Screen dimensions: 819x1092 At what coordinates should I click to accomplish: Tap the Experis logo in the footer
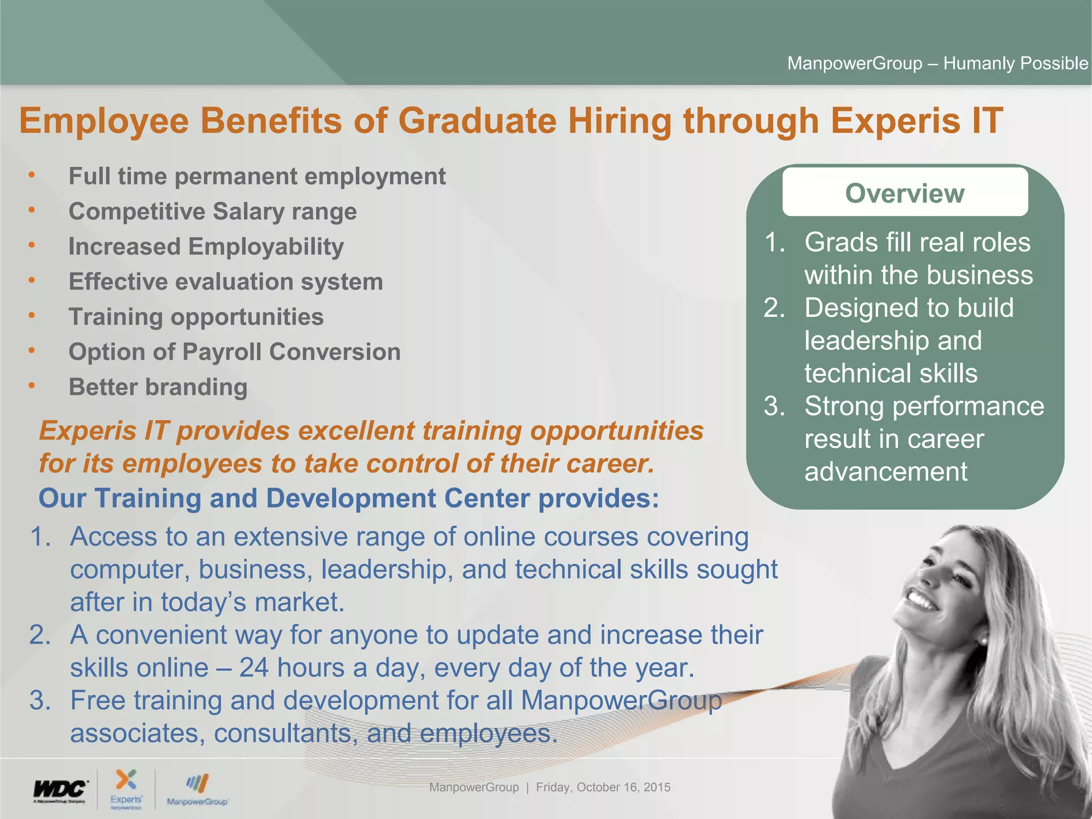[x=126, y=789]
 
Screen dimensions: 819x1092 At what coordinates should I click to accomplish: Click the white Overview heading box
[x=904, y=192]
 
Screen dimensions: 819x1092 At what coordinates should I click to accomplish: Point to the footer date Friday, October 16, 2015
[x=603, y=787]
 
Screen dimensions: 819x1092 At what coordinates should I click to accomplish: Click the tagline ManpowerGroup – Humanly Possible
[x=937, y=63]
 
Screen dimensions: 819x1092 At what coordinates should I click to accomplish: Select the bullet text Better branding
[x=158, y=387]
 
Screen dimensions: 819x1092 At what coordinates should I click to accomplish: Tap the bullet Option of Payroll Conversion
[x=235, y=352]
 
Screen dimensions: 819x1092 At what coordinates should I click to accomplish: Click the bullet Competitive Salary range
[x=213, y=212]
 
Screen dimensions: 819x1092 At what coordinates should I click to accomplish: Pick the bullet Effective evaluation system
[x=226, y=282]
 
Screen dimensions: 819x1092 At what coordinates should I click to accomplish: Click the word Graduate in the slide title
[x=477, y=121]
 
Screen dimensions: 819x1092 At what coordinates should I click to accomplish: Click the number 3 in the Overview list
[x=774, y=406]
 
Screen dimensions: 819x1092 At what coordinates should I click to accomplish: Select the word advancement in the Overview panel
[x=886, y=472]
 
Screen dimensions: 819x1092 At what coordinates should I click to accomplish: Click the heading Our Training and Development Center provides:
[x=349, y=499]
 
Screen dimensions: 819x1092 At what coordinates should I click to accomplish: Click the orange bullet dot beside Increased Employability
[x=32, y=245]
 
